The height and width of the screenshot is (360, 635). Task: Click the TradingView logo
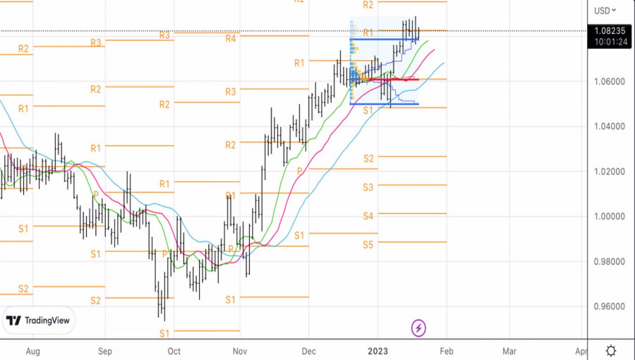[x=39, y=320]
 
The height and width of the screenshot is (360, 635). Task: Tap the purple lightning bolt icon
[x=418, y=328]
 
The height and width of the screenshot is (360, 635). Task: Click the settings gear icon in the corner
[x=611, y=350]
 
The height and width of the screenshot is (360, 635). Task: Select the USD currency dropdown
[x=605, y=11]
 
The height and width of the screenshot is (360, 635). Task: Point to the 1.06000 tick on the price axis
[x=608, y=81]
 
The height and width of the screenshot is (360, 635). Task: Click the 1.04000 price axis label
[x=608, y=126]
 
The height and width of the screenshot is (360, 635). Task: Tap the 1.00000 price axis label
[x=608, y=217]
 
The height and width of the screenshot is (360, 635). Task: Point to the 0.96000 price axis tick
[x=608, y=306]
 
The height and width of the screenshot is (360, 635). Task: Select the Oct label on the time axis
[x=174, y=350]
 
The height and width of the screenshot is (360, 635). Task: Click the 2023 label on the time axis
[x=377, y=350]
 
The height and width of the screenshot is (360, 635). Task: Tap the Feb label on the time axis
[x=445, y=350]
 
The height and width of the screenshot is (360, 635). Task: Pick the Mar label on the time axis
[x=509, y=350]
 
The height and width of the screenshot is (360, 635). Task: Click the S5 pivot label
[x=368, y=244]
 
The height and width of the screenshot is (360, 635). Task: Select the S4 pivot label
[x=368, y=215]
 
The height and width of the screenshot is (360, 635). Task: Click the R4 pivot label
[x=231, y=38]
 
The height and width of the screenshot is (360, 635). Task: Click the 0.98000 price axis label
[x=608, y=262]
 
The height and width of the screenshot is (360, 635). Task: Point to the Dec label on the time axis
[x=308, y=350]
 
